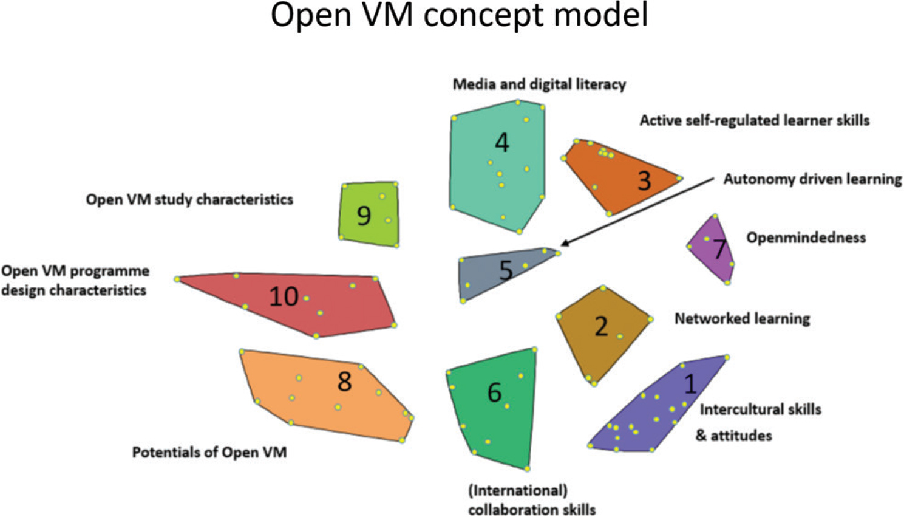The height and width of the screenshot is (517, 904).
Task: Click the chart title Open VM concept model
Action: [459, 16]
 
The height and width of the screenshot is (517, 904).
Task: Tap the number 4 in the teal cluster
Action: [501, 143]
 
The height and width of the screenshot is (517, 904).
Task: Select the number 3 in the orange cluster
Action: [644, 180]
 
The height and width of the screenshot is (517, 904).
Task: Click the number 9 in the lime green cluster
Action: [364, 216]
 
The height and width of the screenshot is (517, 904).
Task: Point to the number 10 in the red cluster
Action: [284, 296]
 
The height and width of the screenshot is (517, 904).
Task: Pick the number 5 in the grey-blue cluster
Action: [506, 270]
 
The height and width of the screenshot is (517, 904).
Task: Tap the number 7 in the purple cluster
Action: [719, 249]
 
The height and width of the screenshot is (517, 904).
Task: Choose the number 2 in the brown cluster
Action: [601, 326]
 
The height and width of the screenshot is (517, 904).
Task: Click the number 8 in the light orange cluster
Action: [344, 382]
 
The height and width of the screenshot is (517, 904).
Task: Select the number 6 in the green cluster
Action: [495, 393]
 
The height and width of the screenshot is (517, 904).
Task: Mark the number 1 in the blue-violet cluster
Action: [690, 384]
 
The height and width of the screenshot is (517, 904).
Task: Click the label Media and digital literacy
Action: [539, 84]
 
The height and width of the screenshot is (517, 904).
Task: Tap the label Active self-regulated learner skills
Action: [754, 120]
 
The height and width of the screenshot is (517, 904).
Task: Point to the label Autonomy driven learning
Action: [812, 179]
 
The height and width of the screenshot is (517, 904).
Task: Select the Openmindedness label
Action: [806, 238]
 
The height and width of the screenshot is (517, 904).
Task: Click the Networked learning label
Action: [742, 318]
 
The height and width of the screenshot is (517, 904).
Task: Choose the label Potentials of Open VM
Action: [209, 453]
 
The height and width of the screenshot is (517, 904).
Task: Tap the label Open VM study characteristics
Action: [189, 200]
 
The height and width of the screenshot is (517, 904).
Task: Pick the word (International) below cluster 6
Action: [517, 490]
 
